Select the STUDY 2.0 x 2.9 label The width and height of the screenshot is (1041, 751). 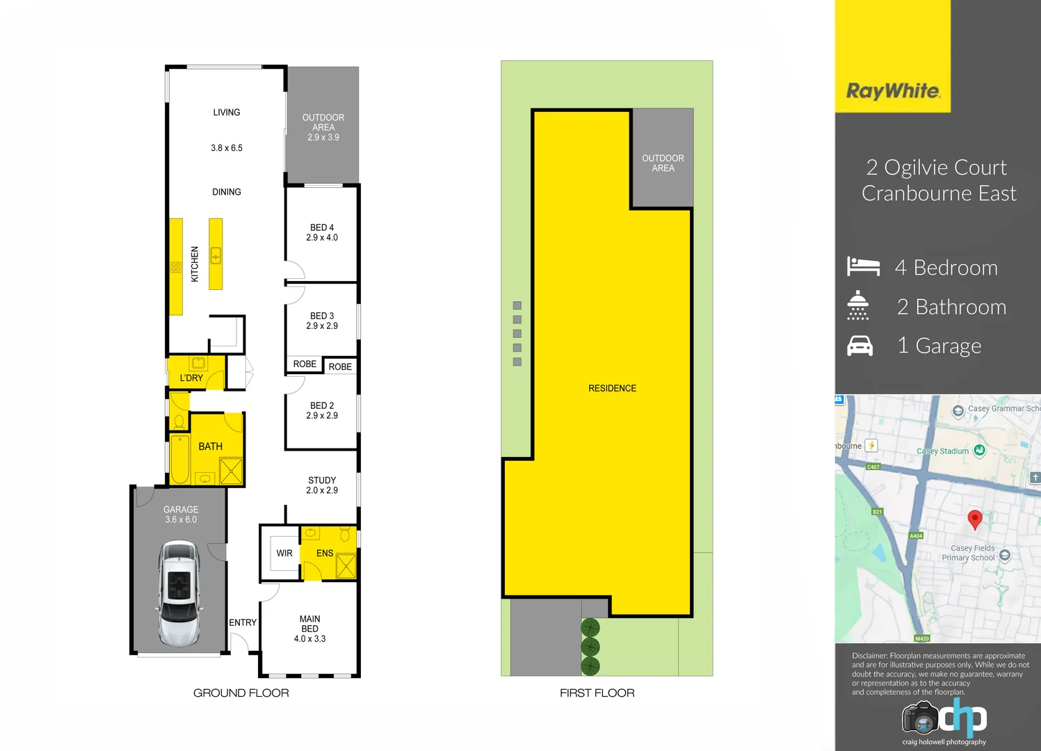coord(322,485)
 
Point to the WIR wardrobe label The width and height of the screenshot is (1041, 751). coord(284,554)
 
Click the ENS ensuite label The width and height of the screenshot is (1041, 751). coord(325,554)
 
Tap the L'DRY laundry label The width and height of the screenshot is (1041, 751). coord(191,378)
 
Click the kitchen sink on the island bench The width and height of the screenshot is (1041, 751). coord(216,256)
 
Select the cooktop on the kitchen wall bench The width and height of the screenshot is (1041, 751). coord(176,267)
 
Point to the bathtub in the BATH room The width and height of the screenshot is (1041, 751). coord(180,459)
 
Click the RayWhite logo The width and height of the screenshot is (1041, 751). coord(893,91)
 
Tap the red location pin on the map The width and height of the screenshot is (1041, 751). coord(975,519)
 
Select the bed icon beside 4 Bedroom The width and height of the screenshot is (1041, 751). coord(863,267)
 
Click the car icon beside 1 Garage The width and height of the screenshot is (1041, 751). coord(860,346)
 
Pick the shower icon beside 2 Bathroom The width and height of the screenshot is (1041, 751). coord(858,306)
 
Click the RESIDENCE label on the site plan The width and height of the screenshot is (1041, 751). coord(612,388)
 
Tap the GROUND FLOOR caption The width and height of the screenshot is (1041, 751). coord(241,693)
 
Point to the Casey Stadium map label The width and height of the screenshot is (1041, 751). coord(942,451)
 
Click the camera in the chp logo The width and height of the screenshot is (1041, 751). coord(920,718)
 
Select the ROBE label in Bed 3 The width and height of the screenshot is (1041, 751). coord(305,364)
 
